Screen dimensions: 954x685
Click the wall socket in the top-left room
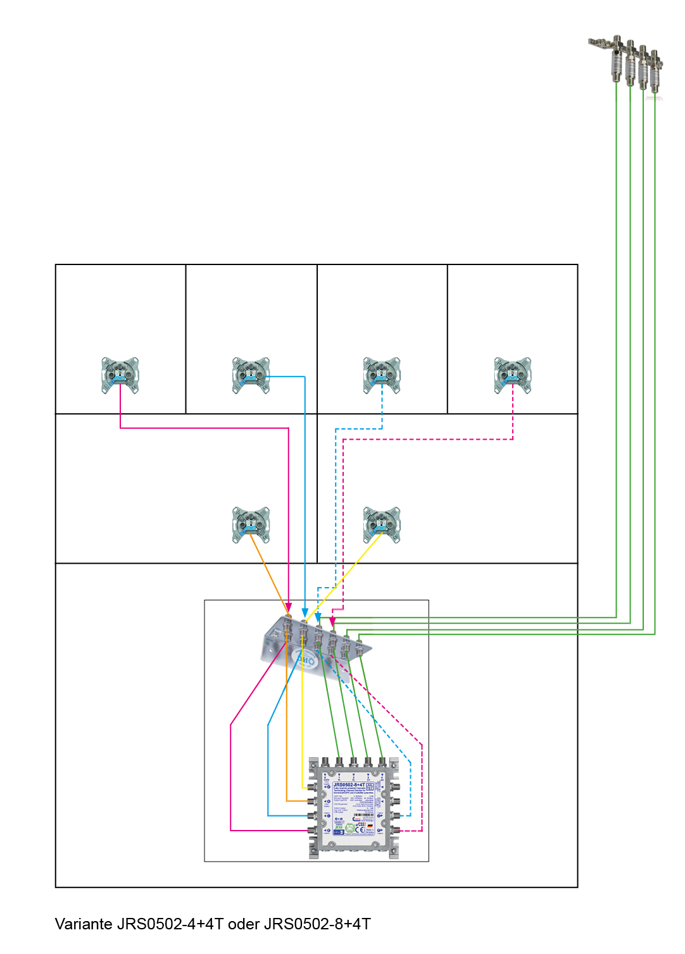[x=120, y=375]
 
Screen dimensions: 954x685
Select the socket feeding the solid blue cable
[x=251, y=375]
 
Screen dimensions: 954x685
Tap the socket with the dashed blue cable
[x=382, y=375]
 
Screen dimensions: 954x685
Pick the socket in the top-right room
[x=513, y=375]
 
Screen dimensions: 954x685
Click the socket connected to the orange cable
[x=251, y=524]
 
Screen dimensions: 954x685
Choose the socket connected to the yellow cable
[x=382, y=524]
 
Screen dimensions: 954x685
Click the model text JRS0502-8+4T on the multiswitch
[x=349, y=784]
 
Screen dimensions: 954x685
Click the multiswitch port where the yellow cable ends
[x=311, y=788]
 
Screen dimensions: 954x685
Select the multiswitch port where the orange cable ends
[x=311, y=802]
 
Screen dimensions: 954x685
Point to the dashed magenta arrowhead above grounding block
[x=332, y=622]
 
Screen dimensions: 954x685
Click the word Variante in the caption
[x=84, y=924]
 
